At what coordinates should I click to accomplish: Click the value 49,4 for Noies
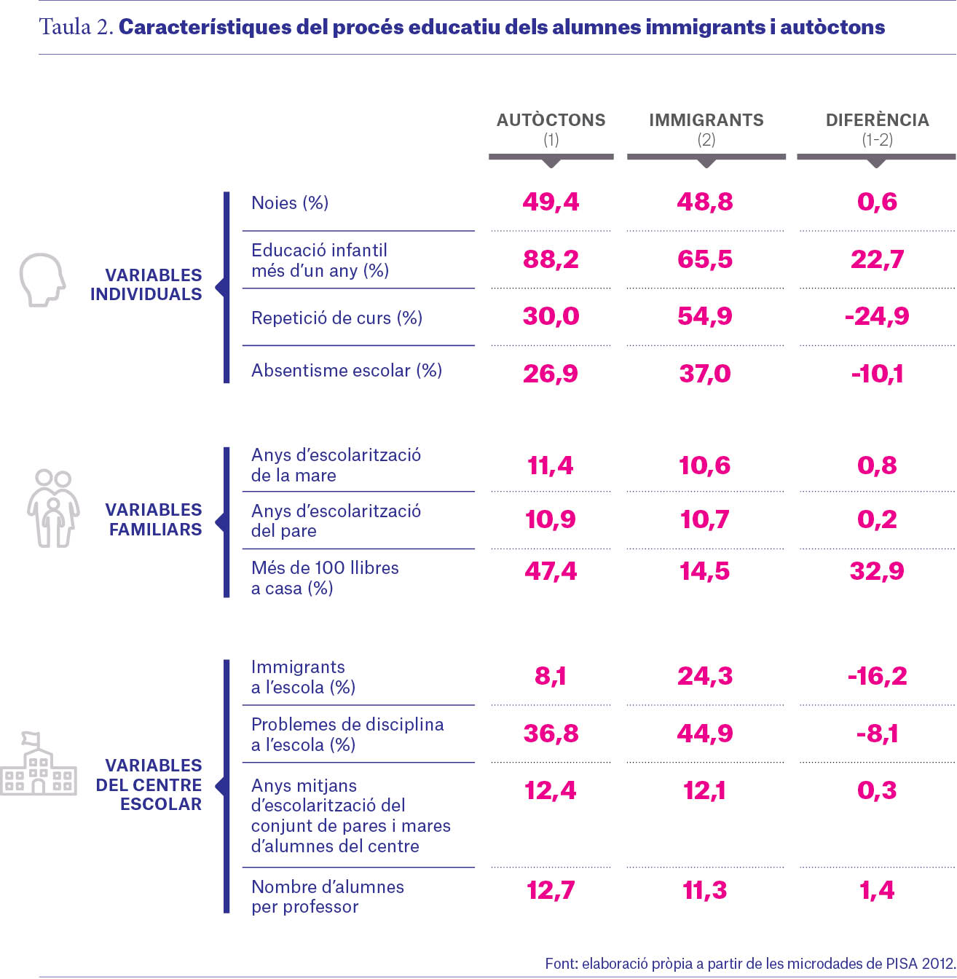551,202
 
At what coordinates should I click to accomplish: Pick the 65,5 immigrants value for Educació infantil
705,259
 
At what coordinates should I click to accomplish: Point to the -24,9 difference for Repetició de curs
877,316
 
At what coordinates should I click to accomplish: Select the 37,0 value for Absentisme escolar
705,373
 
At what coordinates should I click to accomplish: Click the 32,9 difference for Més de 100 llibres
877,570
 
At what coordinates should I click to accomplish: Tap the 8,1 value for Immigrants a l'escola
551,675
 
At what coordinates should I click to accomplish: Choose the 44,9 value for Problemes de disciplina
705,733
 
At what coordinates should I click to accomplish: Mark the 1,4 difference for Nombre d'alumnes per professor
877,889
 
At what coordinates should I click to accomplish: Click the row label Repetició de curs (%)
336,318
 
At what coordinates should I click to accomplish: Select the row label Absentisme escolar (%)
347,370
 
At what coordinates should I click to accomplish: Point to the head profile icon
42,280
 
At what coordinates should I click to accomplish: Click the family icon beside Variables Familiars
53,508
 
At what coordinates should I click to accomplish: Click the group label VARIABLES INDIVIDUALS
146,284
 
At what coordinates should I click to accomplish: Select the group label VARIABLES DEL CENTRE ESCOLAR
149,785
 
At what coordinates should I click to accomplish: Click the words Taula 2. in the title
76,27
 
